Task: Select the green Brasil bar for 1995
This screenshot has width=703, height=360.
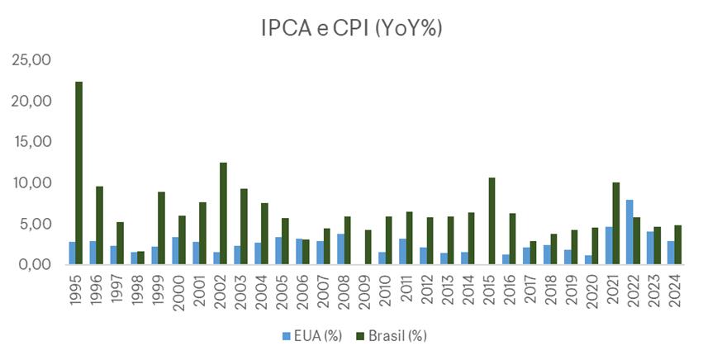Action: (x=78, y=173)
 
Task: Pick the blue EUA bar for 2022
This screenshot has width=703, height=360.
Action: (x=629, y=232)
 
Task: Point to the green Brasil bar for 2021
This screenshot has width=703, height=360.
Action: (x=615, y=223)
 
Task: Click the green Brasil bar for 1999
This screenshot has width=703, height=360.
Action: (x=161, y=228)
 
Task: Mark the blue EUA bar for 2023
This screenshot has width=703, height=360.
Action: (x=649, y=248)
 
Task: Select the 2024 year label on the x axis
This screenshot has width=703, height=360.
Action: (x=674, y=291)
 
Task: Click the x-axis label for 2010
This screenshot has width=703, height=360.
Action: (x=385, y=291)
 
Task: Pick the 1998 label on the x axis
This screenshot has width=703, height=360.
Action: (x=137, y=291)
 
